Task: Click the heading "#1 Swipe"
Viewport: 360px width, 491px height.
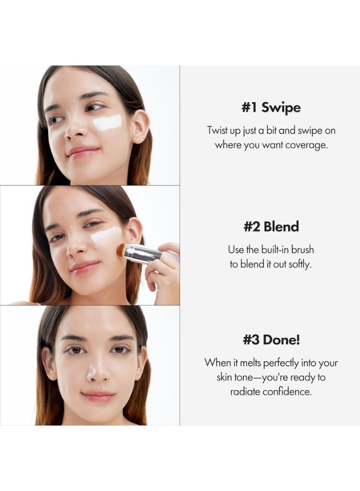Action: tap(271, 107)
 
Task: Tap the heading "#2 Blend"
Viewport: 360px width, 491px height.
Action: tap(271, 226)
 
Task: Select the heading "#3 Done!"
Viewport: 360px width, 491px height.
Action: tap(271, 339)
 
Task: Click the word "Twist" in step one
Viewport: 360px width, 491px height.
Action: tap(218, 130)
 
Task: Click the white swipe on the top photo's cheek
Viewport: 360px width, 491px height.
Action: tap(107, 122)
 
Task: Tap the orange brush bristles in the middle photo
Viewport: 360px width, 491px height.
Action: tap(121, 250)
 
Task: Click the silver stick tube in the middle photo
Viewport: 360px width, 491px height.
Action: tap(143, 253)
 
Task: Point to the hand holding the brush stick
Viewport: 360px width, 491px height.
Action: tap(163, 271)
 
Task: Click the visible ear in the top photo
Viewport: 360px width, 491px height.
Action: tap(141, 127)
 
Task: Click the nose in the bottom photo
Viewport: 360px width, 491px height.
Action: tap(97, 369)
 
